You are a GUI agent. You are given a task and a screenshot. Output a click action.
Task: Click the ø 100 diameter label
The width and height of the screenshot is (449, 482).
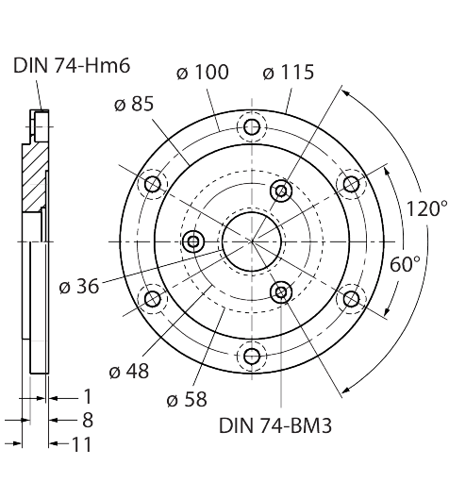click(x=203, y=73)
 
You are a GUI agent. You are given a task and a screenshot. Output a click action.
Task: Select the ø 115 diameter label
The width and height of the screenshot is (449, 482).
click(x=289, y=73)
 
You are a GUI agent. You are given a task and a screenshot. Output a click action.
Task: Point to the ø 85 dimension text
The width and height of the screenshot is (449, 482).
click(x=134, y=104)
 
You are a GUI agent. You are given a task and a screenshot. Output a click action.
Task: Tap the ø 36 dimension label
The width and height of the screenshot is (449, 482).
click(x=79, y=286)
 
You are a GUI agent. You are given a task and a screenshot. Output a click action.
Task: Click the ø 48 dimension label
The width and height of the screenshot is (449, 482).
click(x=129, y=372)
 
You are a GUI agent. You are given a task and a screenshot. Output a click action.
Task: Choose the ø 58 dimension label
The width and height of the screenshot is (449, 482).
click(x=187, y=400)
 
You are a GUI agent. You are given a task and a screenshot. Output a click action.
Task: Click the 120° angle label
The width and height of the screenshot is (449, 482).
click(x=427, y=208)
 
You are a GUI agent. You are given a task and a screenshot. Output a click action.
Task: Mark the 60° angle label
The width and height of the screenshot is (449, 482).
click(x=405, y=264)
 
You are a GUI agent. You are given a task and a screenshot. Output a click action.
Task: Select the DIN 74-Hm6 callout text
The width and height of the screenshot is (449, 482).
click(x=72, y=65)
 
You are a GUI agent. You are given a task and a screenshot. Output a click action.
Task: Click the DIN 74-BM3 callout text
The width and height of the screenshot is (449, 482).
click(x=275, y=425)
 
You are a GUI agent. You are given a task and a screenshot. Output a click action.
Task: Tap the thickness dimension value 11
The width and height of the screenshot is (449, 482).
click(x=82, y=444)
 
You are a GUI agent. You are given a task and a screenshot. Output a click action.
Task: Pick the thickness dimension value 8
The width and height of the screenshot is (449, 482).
click(x=88, y=420)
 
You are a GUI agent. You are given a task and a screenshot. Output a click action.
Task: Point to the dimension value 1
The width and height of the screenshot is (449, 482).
click(x=88, y=396)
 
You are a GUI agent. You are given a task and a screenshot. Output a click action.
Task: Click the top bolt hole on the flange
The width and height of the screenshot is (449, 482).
click(x=252, y=127)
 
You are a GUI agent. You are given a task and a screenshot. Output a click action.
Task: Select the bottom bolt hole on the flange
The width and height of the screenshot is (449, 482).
click(x=252, y=356)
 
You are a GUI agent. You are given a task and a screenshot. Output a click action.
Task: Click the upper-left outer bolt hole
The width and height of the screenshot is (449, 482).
click(x=153, y=184)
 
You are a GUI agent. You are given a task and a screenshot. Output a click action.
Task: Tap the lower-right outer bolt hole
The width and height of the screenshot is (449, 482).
click(x=351, y=299)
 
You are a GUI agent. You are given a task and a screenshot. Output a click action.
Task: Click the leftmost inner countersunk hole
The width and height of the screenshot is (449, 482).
click(x=193, y=241)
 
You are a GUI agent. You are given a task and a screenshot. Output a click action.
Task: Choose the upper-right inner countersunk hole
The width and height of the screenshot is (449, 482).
click(x=281, y=191)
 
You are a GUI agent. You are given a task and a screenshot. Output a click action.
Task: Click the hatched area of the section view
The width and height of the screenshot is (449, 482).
click(x=35, y=177)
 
